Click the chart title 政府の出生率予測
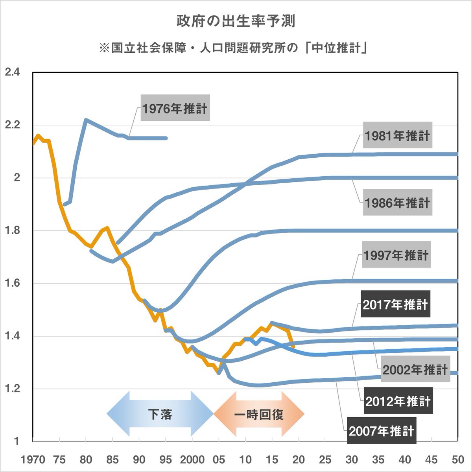click(236, 21)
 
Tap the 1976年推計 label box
click(175, 108)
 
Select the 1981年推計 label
click(397, 136)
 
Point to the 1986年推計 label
click(397, 203)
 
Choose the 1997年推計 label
click(396, 255)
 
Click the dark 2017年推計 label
click(395, 304)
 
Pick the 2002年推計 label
click(415, 369)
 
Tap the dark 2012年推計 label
click(398, 401)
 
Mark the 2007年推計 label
click(381, 431)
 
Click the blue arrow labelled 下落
click(160, 414)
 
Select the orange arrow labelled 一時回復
click(259, 414)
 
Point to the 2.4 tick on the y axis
click(12, 72)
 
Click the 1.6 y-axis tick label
click(12, 283)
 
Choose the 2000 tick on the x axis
click(192, 459)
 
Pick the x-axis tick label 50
click(457, 459)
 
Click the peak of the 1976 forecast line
click(86, 120)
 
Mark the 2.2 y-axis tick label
click(12, 125)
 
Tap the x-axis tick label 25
click(325, 459)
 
